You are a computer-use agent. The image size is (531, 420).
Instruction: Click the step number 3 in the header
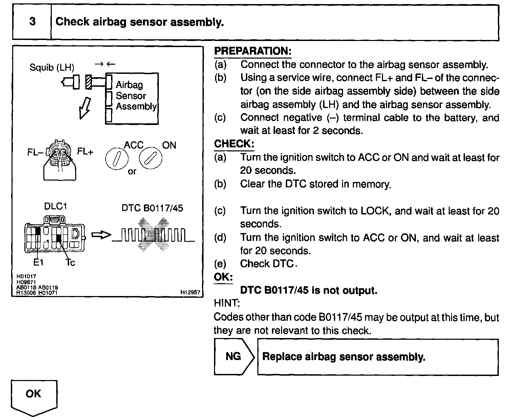point(32,22)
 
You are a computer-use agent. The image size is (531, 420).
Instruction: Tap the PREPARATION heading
point(253,51)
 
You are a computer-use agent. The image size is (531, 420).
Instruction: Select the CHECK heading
point(234,144)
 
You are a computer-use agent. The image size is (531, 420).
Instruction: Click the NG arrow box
point(234,357)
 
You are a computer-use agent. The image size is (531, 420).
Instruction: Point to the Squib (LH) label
point(52,67)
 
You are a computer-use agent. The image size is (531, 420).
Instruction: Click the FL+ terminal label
point(85,151)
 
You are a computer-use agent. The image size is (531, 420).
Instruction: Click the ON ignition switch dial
point(151,158)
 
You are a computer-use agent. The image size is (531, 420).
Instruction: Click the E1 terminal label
point(38,262)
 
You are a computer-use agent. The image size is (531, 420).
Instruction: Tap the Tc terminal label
point(70,262)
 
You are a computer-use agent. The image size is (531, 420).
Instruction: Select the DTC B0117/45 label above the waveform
point(152,208)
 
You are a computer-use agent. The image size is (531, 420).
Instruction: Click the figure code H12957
point(190,292)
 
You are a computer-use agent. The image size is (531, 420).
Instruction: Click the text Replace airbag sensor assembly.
point(344,357)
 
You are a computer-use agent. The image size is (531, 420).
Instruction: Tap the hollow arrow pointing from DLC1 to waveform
point(101,235)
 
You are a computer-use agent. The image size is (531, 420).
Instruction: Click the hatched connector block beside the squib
point(89,82)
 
